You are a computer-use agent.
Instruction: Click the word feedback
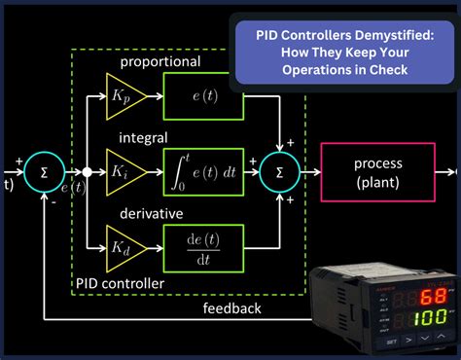pyautogui.click(x=230, y=307)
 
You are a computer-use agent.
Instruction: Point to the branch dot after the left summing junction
pyautogui.click(x=87, y=172)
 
